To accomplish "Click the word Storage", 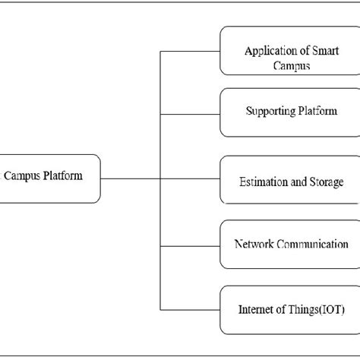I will point(327,182).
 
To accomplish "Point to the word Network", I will point(253,245).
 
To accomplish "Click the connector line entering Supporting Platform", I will point(190,114).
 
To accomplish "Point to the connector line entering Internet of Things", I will point(190,309).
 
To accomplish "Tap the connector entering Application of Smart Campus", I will point(190,52).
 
